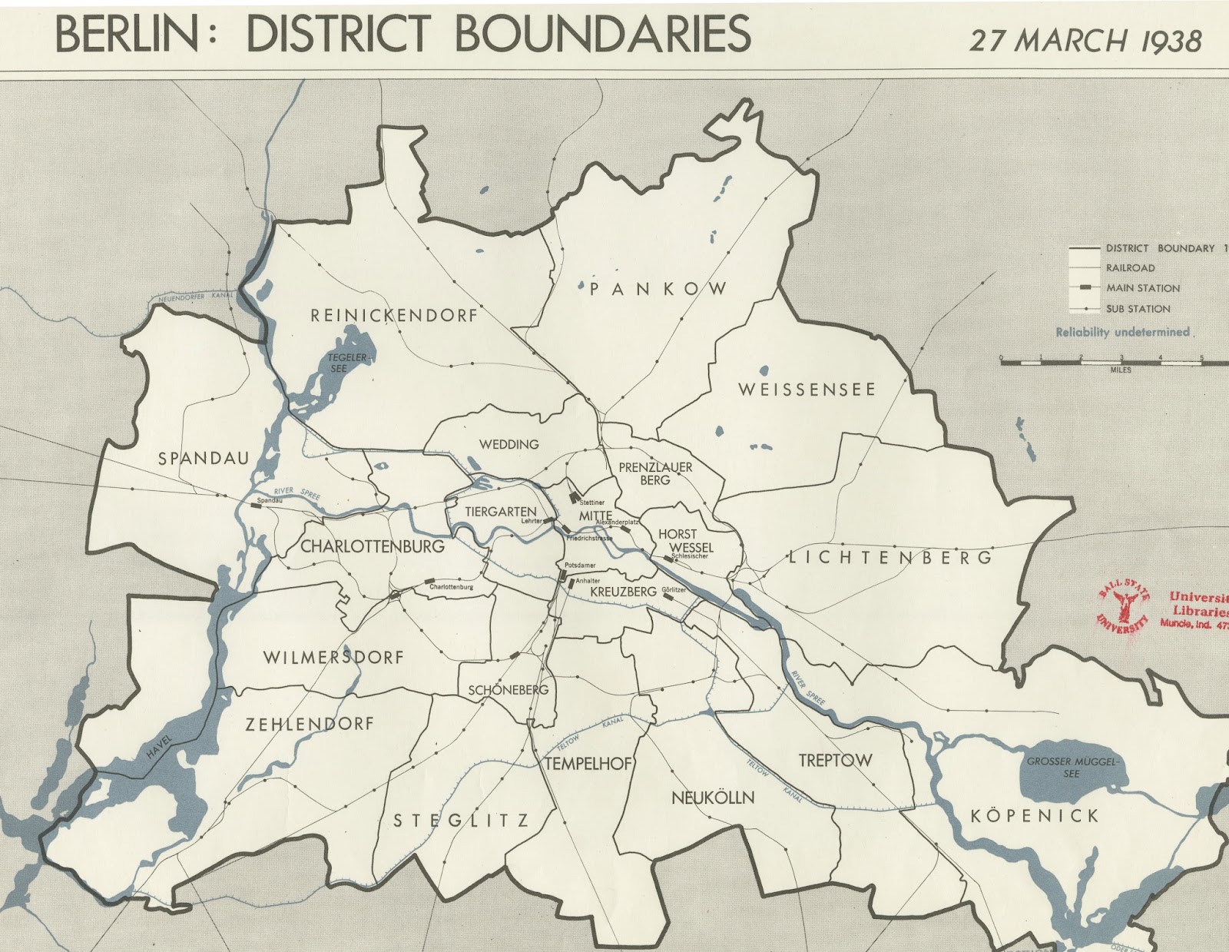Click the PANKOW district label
(659, 289)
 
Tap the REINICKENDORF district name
(394, 315)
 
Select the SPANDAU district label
(204, 459)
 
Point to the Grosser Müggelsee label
(1074, 768)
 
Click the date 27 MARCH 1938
(1085, 40)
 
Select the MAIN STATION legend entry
(1142, 288)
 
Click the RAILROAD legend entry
(1130, 268)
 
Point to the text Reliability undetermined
(1121, 332)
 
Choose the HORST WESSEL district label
(677, 540)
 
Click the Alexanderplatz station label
(618, 522)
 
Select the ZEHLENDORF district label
(310, 723)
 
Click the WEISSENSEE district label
(807, 390)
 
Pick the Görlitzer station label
(674, 589)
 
